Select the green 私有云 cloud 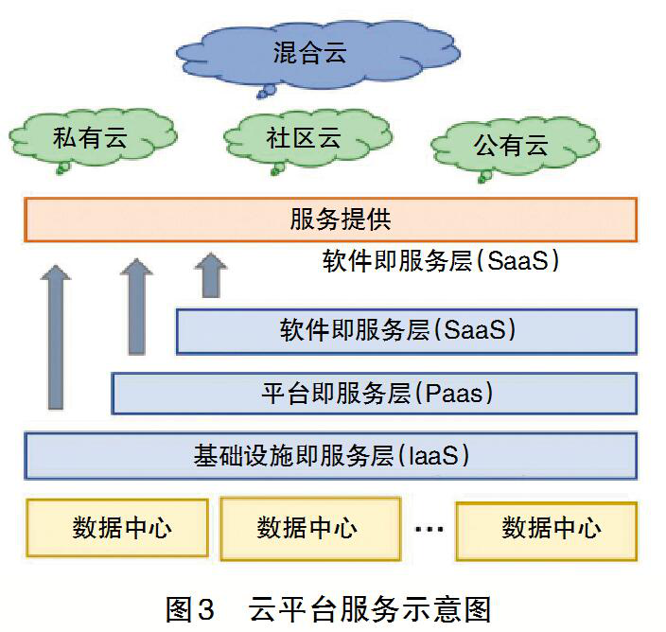(90, 139)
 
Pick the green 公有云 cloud (511, 146)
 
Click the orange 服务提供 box (330, 220)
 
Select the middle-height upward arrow (136, 307)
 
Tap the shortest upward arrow (210, 274)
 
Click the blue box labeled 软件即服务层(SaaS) (406, 331)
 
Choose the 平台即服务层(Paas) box (374, 393)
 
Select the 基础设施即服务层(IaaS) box (330, 456)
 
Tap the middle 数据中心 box (307, 527)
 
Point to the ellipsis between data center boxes (429, 528)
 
